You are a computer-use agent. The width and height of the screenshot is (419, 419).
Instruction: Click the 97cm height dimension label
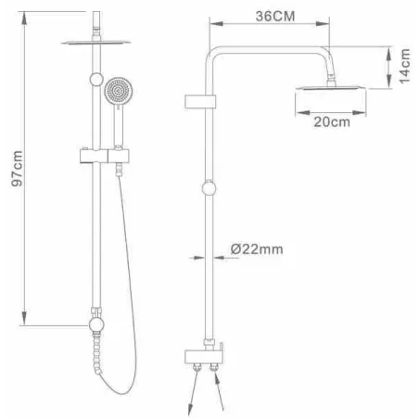[17, 169]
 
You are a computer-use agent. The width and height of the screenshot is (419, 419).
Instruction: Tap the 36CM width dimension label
[275, 16]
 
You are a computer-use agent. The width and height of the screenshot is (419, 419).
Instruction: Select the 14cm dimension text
[404, 66]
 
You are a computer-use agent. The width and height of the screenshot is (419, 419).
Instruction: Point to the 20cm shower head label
[332, 122]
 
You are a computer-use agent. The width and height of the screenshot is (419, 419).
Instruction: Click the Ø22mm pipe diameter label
[257, 249]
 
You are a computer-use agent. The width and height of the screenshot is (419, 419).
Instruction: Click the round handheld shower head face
[119, 91]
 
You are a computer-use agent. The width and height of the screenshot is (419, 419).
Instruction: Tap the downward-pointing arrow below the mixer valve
[193, 392]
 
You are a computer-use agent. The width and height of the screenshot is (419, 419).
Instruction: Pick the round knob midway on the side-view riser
[209, 188]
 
